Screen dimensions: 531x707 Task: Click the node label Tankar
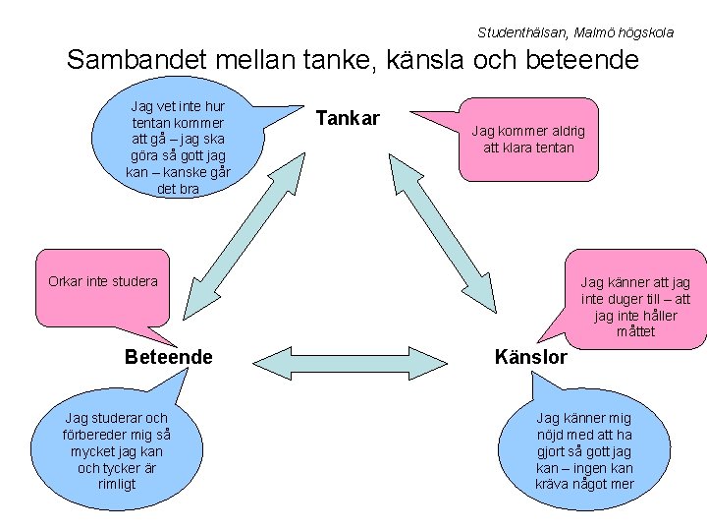click(348, 119)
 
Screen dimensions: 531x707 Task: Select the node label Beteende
click(169, 357)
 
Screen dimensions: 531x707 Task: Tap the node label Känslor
click(531, 357)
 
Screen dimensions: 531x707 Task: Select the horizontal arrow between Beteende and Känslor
click(350, 361)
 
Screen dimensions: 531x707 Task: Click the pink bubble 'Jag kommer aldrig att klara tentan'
click(528, 140)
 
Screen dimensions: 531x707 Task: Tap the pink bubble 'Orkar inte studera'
click(103, 281)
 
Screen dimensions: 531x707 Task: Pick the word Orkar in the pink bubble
click(66, 281)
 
